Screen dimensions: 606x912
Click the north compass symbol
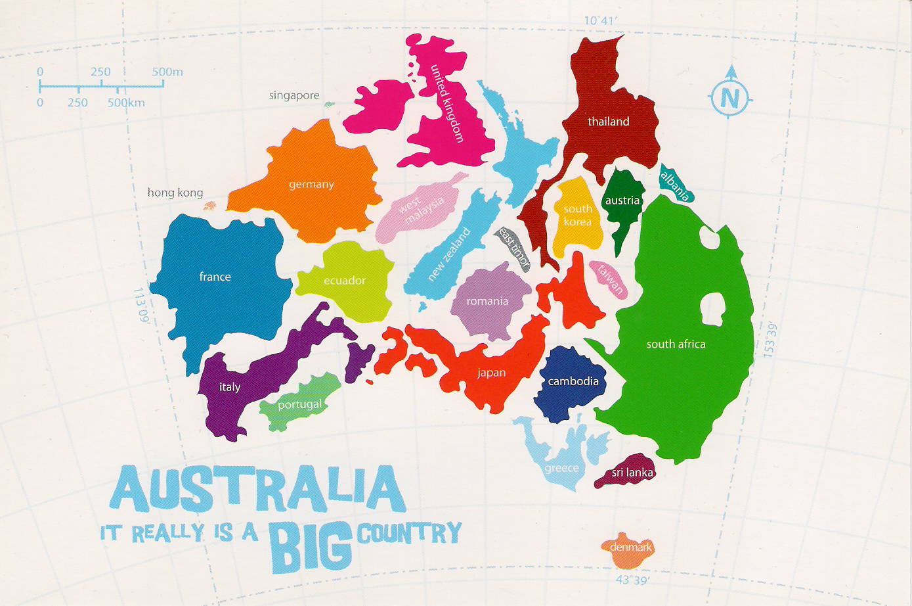[729, 97]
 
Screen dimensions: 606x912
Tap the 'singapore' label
[294, 96]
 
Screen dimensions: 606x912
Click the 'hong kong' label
[175, 193]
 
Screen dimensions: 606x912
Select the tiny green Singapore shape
[330, 104]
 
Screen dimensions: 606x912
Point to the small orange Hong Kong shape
[209, 206]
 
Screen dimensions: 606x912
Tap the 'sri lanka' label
[633, 473]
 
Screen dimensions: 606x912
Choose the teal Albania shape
[676, 183]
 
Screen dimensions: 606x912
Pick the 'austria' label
[622, 200]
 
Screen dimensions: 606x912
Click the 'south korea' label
[578, 215]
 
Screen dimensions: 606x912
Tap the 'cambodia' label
[573, 381]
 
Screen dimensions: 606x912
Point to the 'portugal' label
[299, 404]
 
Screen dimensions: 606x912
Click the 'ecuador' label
[344, 281]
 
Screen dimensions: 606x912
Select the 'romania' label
[487, 302]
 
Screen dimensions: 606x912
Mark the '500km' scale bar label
[127, 103]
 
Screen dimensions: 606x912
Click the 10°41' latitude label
[601, 20]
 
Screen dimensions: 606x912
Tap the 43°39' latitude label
[632, 580]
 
